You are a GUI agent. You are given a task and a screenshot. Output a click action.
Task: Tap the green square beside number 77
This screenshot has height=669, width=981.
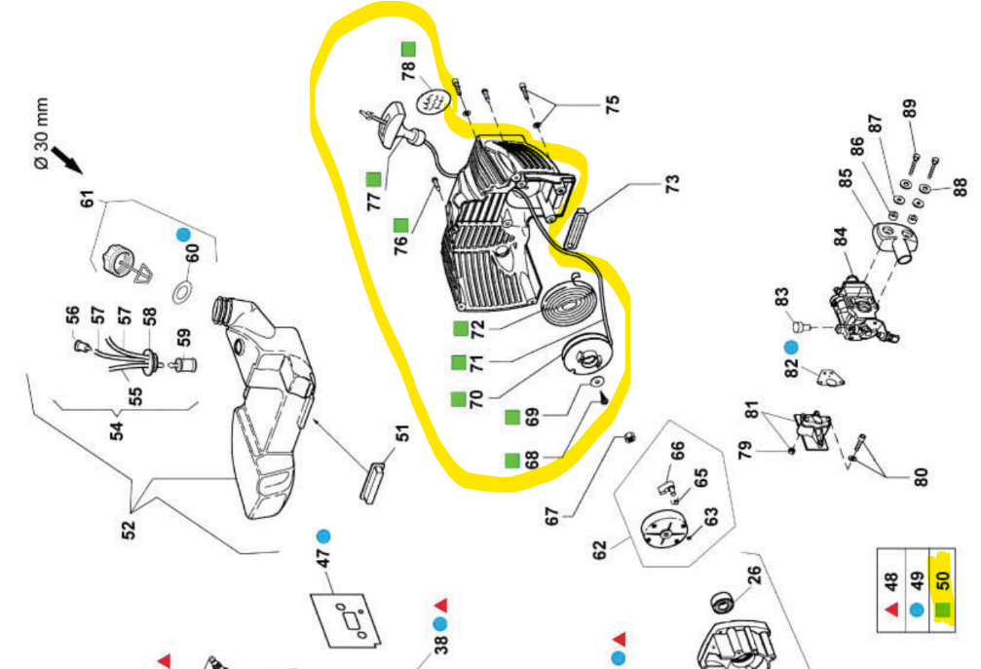pos(373,179)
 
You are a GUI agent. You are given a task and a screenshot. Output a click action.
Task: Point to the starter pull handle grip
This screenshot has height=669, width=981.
pos(395,124)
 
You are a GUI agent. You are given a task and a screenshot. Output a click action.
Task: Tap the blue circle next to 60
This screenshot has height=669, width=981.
pos(183,235)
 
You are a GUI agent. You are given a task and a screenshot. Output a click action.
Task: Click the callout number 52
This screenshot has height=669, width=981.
pos(128,530)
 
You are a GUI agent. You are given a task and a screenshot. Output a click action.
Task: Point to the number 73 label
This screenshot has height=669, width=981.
pos(671,183)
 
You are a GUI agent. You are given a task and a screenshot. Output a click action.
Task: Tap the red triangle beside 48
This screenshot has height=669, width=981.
pos(891,608)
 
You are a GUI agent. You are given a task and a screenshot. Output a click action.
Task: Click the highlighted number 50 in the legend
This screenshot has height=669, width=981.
pos(942,579)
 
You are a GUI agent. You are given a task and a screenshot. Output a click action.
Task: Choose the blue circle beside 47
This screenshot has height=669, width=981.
pos(322,536)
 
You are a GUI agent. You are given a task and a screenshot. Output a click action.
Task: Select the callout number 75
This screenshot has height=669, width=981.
pos(612,104)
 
